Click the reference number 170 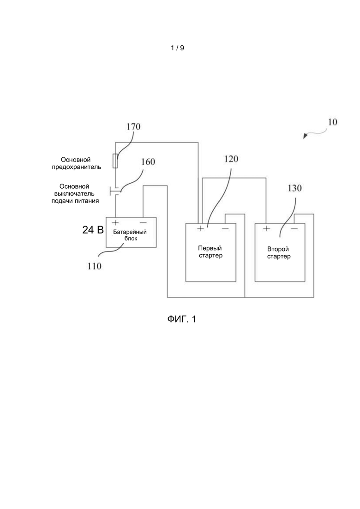(133, 126)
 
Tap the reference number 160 (148, 162)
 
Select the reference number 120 (231, 159)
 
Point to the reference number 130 (294, 188)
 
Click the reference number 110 (94, 266)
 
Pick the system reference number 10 (332, 122)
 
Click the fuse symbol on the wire (115, 161)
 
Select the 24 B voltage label (93, 230)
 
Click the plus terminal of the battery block (115, 222)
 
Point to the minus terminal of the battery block (143, 223)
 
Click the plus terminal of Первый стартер (200, 228)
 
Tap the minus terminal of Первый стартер (225, 229)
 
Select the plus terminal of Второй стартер (266, 228)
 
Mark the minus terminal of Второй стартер (294, 228)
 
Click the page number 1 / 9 (178, 48)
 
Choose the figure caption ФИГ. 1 (181, 319)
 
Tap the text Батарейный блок (130, 235)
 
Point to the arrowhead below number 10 (305, 136)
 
